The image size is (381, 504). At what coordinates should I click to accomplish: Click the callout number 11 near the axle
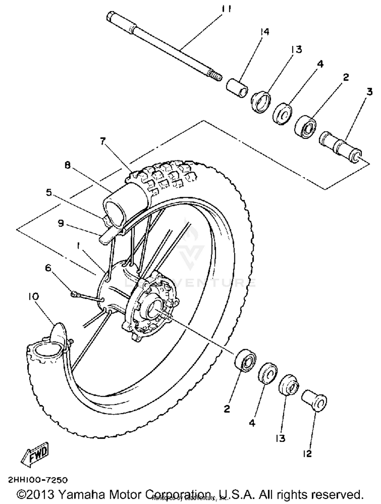pos(226,9)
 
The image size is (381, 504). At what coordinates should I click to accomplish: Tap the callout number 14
pos(264,32)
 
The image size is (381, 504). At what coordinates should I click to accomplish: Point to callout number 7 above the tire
pos(103,141)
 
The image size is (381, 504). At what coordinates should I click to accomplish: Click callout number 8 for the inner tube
pos(67,165)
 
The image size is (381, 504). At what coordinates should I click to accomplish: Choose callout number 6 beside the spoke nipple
pos(48,268)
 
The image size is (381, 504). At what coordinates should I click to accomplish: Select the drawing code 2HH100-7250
pos(38,480)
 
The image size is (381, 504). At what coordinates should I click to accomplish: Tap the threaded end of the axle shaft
pos(215,76)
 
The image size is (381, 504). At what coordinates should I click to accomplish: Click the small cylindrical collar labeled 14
pos(237,88)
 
